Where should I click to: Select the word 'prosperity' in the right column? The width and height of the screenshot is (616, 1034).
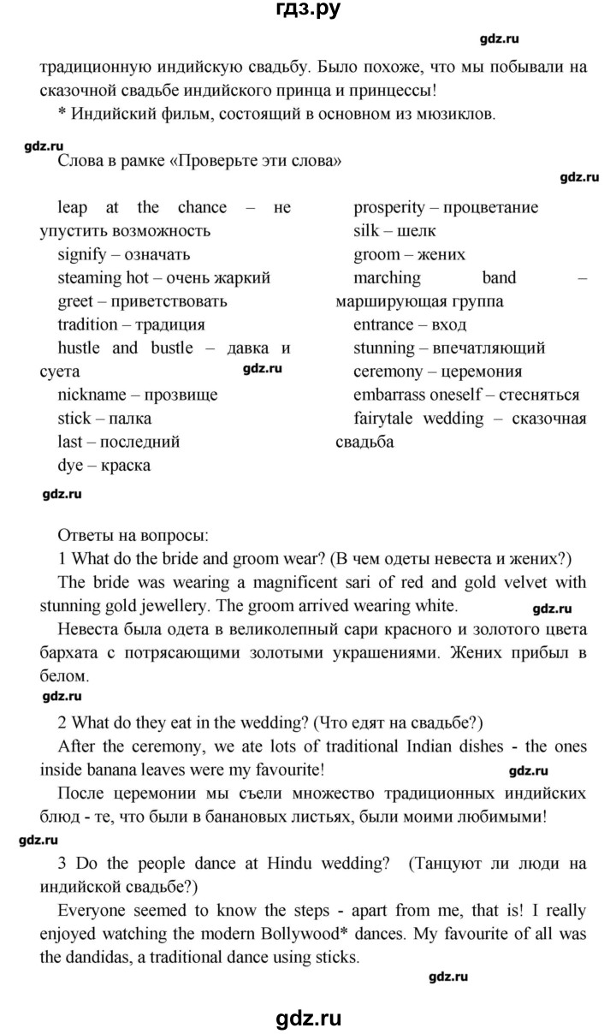click(389, 208)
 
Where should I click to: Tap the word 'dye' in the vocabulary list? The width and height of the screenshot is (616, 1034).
click(70, 466)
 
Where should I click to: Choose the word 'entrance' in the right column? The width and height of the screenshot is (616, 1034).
click(384, 325)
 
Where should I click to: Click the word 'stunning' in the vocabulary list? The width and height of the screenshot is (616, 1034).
click(385, 348)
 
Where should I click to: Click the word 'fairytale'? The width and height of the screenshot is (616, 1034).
click(387, 419)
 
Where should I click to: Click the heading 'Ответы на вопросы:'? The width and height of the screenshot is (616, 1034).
click(132, 537)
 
